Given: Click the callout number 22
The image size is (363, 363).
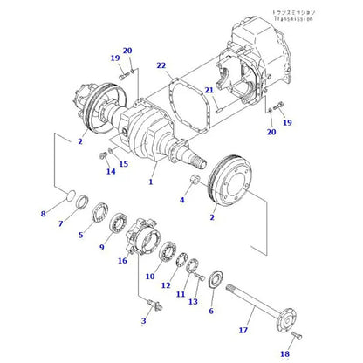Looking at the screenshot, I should coord(161,66).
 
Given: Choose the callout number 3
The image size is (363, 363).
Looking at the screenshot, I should coord(143,321).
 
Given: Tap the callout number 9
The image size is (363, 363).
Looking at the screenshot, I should coord(102,248).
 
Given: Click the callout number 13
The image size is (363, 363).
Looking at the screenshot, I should coord(193,301).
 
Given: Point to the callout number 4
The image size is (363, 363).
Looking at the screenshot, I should coord(181,200).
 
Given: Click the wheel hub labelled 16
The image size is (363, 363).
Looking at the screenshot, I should coord(143,233).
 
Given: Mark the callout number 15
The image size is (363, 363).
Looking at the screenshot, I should coord(122,163).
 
